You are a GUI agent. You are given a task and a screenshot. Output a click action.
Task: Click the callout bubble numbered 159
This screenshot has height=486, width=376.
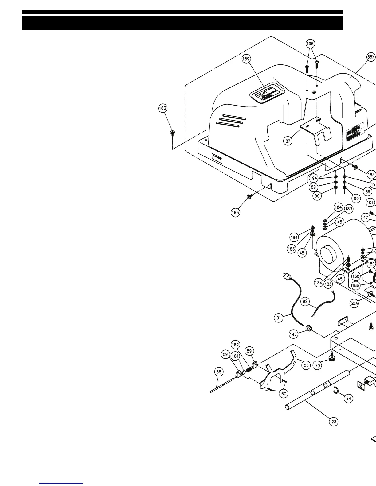tap(246, 59)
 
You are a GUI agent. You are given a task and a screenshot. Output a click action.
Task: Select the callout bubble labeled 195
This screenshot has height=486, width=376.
tap(310, 44)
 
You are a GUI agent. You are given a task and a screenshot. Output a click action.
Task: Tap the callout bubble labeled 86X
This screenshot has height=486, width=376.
tap(371, 57)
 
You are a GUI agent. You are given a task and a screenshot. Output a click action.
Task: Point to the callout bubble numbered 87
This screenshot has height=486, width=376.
tap(288, 141)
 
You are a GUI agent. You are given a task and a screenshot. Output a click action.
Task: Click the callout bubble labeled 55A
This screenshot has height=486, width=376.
tap(354, 303)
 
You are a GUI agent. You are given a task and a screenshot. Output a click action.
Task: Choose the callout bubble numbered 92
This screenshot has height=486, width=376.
tap(305, 302)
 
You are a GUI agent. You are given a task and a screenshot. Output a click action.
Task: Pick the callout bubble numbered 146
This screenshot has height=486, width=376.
tap(293, 334)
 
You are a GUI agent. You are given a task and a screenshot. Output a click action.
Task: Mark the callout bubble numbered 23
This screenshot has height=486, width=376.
tap(334, 422)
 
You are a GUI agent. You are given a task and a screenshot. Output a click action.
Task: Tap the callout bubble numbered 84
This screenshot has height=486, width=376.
tap(348, 399)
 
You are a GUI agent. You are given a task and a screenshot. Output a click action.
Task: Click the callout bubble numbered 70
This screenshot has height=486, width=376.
tap(318, 365)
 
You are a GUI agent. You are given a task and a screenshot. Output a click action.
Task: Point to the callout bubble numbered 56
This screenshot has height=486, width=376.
tap(306, 365)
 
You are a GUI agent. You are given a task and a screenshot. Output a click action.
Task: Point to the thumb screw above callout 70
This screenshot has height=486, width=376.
tap(332, 357)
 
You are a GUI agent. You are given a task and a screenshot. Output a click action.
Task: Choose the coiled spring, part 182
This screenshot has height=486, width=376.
tap(249, 370)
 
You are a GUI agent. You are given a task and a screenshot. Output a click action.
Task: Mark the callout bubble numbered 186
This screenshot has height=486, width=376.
tap(355, 285)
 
